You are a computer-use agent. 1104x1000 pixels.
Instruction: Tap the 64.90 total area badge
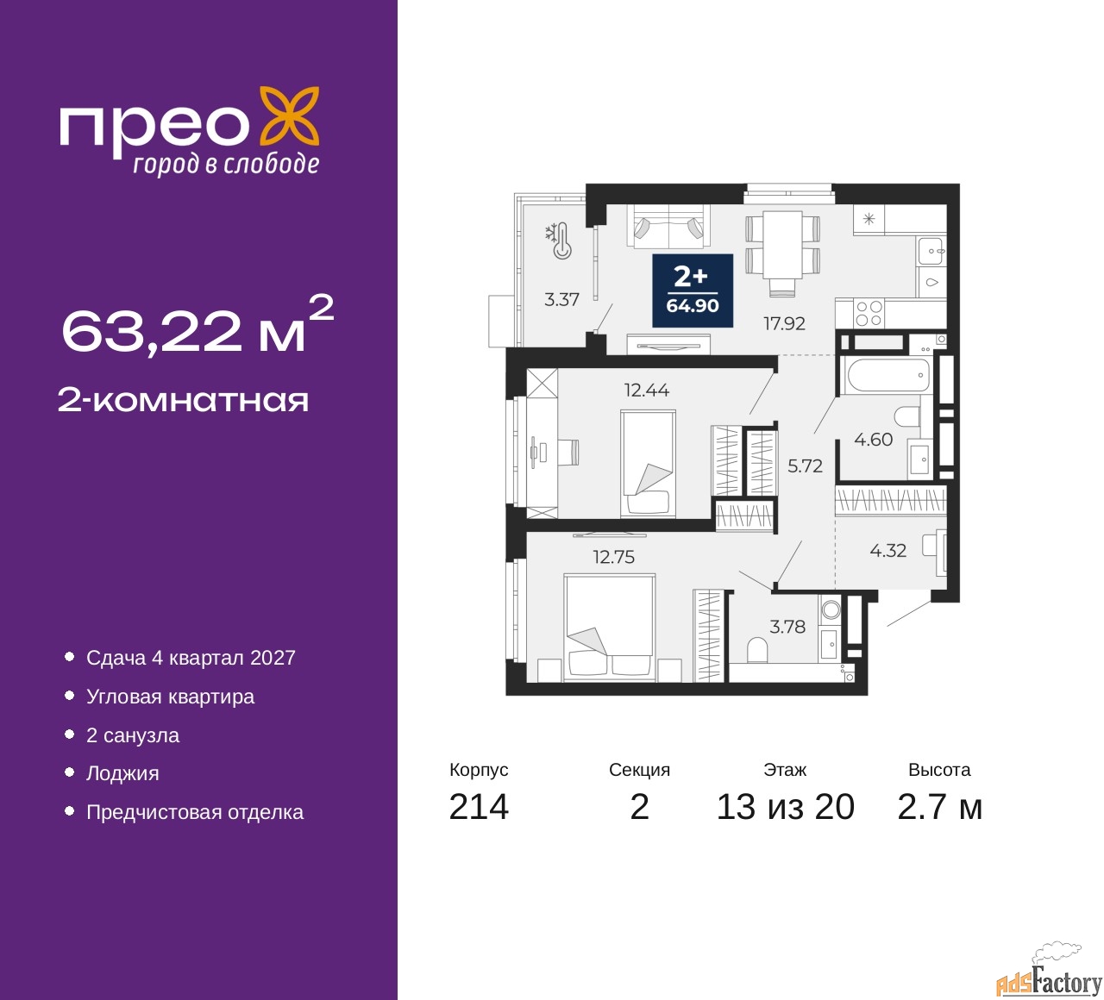click(x=693, y=291)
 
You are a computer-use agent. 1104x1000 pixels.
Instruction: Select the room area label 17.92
click(x=784, y=323)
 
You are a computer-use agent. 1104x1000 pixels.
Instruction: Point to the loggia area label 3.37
click(x=561, y=300)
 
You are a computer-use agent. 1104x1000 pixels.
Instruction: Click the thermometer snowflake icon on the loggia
click(x=559, y=241)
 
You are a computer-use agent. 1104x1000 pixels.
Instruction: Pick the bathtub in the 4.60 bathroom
click(x=888, y=376)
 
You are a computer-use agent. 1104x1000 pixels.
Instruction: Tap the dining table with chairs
click(x=782, y=253)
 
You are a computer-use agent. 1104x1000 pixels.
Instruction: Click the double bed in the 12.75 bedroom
click(x=609, y=628)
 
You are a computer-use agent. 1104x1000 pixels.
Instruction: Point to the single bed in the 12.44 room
click(x=648, y=463)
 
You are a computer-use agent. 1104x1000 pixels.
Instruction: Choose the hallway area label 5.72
click(x=805, y=466)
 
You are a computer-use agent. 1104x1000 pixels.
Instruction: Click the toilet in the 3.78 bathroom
click(x=757, y=650)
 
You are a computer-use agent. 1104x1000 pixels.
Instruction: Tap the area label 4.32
click(x=888, y=551)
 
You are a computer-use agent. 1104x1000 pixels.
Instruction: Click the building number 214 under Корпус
click(x=479, y=807)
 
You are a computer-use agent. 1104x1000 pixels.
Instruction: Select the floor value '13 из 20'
click(x=786, y=807)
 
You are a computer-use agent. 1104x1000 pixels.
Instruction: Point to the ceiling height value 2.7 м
click(x=939, y=807)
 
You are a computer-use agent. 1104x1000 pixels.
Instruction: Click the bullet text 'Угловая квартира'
click(x=170, y=697)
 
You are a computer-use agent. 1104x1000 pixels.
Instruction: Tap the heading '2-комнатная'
click(x=183, y=401)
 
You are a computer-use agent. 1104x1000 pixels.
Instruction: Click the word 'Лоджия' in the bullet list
click(x=122, y=773)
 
